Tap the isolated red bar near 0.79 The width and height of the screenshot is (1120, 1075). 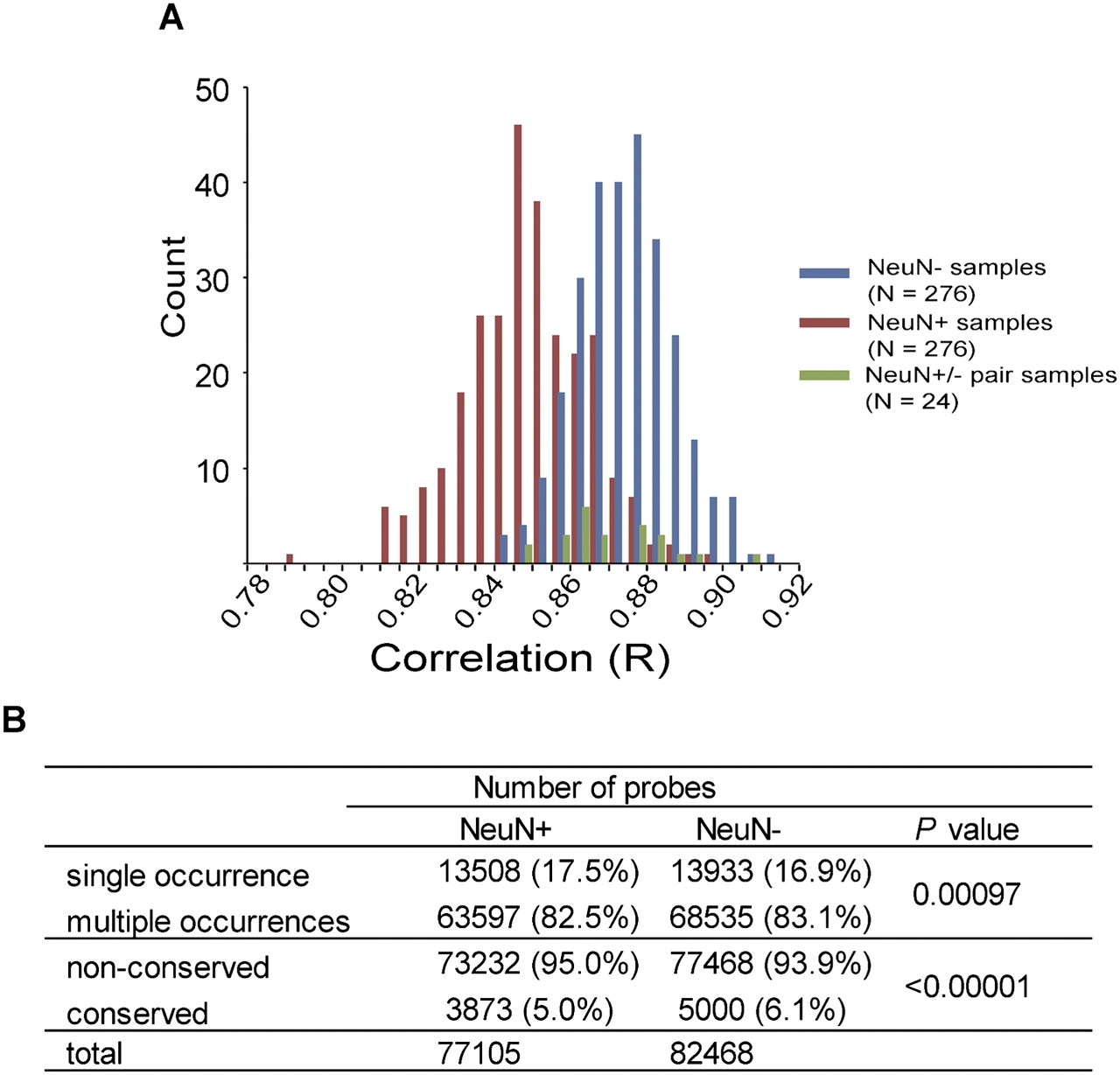290,559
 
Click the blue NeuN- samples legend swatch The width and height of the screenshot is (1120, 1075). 824,273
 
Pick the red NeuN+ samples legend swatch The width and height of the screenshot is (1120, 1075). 824,323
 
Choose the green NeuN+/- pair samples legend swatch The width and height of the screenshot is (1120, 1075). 824,375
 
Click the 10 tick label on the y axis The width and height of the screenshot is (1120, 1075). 210,470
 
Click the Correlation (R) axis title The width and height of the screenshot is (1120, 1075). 520,658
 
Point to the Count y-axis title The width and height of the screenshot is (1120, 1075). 173,286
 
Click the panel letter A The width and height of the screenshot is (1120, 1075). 171,17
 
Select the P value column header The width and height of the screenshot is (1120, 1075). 966,828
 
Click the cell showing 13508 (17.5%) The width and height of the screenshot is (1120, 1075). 538,871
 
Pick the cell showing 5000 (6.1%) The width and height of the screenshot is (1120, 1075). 761,1010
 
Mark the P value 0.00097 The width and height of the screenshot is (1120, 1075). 966,894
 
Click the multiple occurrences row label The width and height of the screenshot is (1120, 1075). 207,921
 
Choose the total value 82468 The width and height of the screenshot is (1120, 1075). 710,1053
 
